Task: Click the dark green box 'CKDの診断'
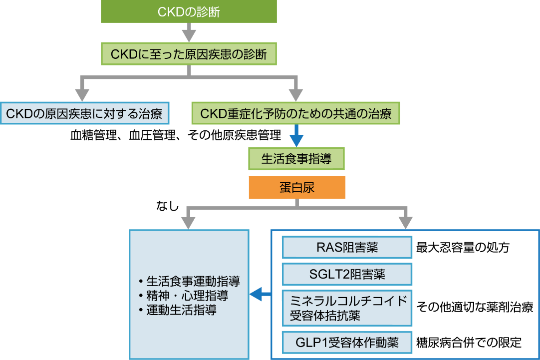[188, 11]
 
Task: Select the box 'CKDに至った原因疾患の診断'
[188, 53]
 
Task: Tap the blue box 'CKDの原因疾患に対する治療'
[84, 114]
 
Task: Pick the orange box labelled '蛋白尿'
[297, 188]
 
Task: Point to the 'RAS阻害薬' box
[347, 247]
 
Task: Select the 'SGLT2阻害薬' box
[347, 274]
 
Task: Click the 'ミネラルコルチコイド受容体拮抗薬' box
[347, 308]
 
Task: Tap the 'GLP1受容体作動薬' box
[347, 343]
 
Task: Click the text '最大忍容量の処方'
[463, 247]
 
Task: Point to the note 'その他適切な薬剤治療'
[475, 308]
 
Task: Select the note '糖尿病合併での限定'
[469, 343]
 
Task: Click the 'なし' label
[168, 206]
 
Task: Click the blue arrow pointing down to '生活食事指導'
[297, 136]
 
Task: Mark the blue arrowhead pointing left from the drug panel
[256, 295]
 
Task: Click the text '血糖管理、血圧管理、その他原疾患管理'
[176, 135]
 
